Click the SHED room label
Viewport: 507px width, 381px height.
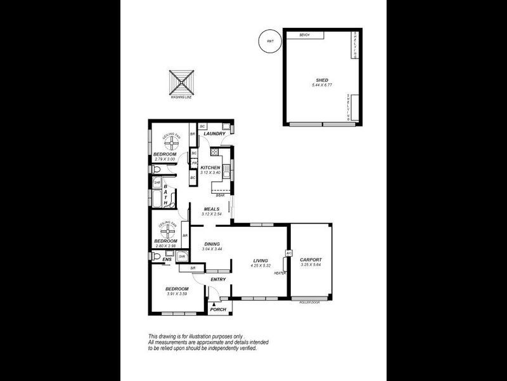point(321,80)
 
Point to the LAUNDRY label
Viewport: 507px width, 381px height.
point(215,134)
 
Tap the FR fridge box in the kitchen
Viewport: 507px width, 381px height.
point(194,164)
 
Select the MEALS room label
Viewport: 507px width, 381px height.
point(211,208)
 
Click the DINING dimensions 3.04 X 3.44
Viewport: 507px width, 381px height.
point(212,249)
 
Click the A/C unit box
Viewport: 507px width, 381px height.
point(288,253)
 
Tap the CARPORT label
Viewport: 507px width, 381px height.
point(311,260)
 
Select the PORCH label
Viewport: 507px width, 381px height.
point(218,309)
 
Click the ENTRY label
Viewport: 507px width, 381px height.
point(218,280)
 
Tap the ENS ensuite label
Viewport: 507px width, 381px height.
point(167,260)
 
